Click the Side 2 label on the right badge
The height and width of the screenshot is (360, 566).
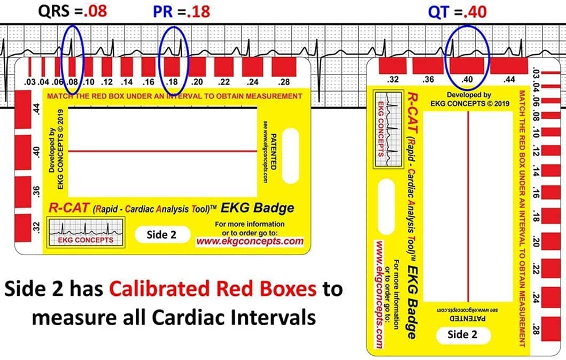click(x=462, y=335)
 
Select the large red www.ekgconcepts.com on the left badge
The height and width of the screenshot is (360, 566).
click(x=250, y=241)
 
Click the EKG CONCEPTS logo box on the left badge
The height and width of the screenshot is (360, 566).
click(x=86, y=232)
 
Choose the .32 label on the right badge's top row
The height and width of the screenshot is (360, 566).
click(x=393, y=79)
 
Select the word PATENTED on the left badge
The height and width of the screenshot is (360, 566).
click(x=273, y=152)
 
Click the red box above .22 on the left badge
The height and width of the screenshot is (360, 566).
click(x=224, y=67)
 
